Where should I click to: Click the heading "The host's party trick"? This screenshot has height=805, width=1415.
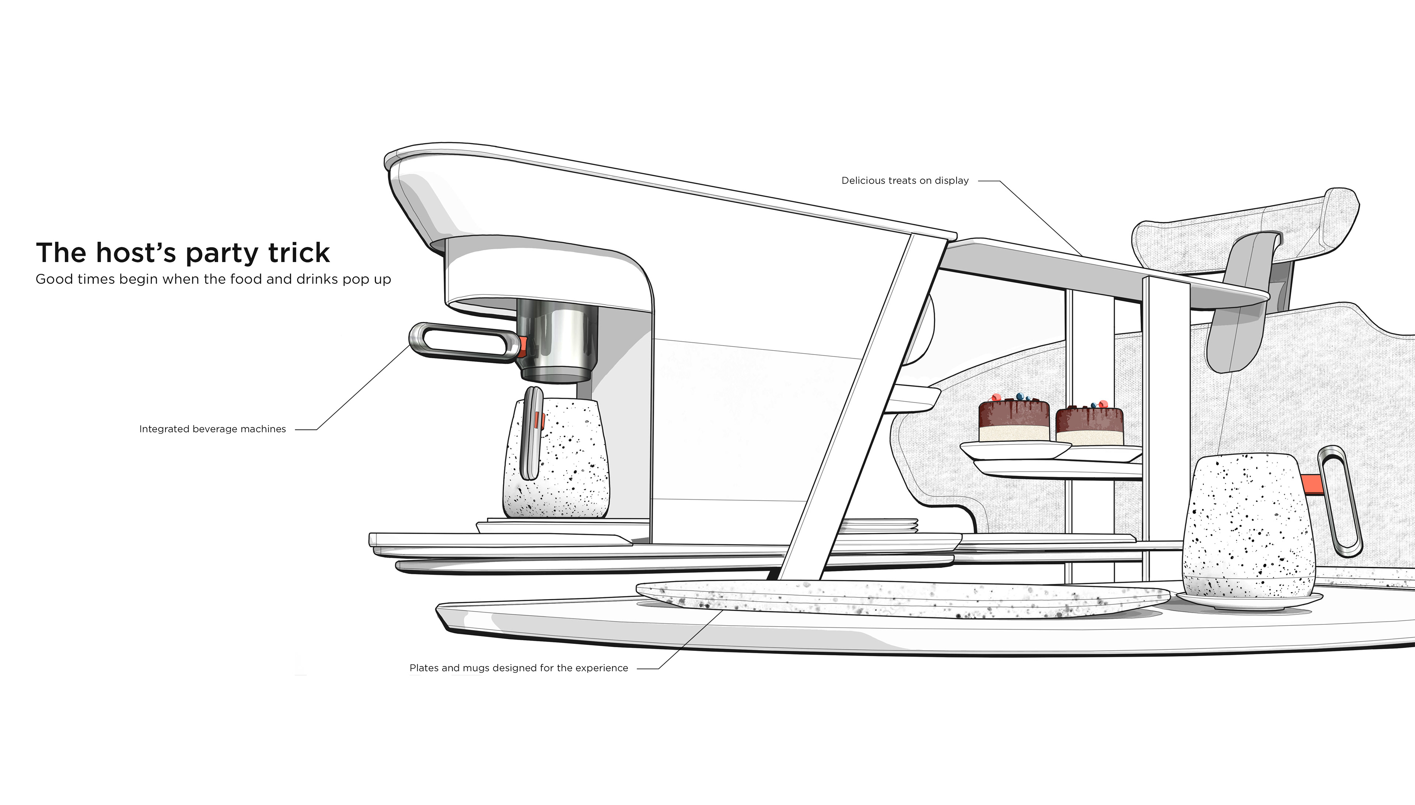point(183,253)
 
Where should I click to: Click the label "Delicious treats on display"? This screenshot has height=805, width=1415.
point(905,181)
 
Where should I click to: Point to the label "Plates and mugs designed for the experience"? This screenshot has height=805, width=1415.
point(518,668)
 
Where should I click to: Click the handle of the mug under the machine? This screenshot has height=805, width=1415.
point(531,434)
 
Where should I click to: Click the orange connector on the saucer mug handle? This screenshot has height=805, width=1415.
point(1310,484)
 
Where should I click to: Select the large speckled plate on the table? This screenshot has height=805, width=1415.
point(901,600)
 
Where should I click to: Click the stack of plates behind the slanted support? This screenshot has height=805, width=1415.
point(879,525)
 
